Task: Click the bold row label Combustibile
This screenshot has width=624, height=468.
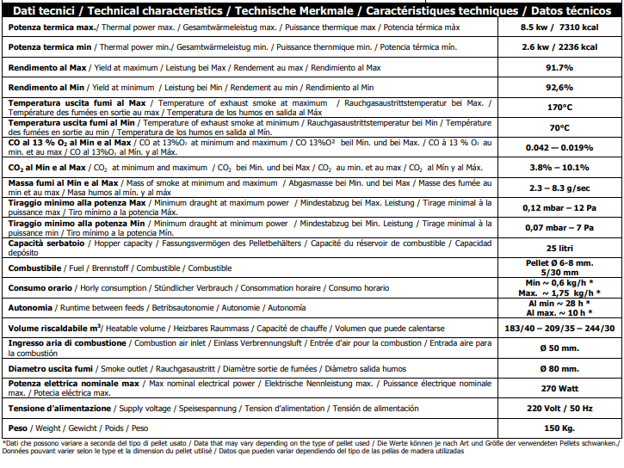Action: (x=34, y=268)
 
